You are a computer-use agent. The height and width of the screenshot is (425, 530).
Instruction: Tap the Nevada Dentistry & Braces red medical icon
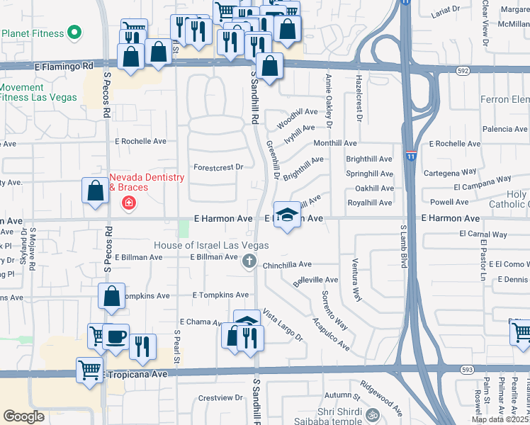(129, 204)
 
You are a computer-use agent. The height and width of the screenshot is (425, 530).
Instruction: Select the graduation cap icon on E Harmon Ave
(286, 215)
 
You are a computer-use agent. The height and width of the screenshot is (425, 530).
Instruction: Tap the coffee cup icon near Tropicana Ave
(115, 336)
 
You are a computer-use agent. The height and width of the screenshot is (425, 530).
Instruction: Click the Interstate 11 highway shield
(411, 155)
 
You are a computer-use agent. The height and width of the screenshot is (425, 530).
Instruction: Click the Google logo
(23, 416)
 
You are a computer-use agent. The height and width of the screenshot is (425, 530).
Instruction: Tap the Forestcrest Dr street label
(218, 167)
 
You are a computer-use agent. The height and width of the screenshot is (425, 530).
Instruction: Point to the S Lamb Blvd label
(402, 248)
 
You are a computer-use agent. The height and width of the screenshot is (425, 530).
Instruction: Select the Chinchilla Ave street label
(287, 264)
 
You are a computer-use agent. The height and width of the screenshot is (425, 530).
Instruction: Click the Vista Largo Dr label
(283, 324)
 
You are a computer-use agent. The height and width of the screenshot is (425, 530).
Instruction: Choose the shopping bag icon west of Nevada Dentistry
(96, 190)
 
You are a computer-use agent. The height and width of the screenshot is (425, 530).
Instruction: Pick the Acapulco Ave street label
(332, 334)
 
